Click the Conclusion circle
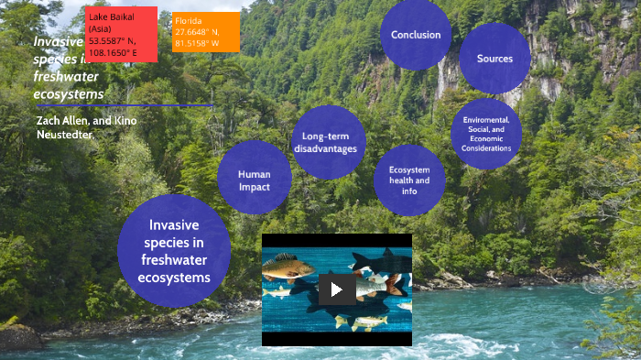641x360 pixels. pos(416,35)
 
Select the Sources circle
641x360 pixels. pos(494,59)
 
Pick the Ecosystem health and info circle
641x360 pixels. pos(409,180)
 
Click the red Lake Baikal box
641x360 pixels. pos(121,35)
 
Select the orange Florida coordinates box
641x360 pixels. pos(206,33)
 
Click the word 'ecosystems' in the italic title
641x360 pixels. pos(68,94)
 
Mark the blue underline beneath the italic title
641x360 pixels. pos(124,105)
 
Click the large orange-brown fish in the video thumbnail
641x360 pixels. pos(288,268)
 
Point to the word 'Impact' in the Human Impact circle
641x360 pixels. pos(255,187)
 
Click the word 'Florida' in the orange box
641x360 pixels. pos(189,19)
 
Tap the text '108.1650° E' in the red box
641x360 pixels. pos(113,52)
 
